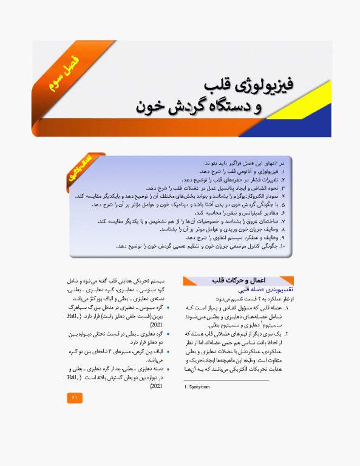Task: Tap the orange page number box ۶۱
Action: tap(75, 397)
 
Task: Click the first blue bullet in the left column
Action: tap(167, 308)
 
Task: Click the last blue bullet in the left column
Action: tap(167, 369)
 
